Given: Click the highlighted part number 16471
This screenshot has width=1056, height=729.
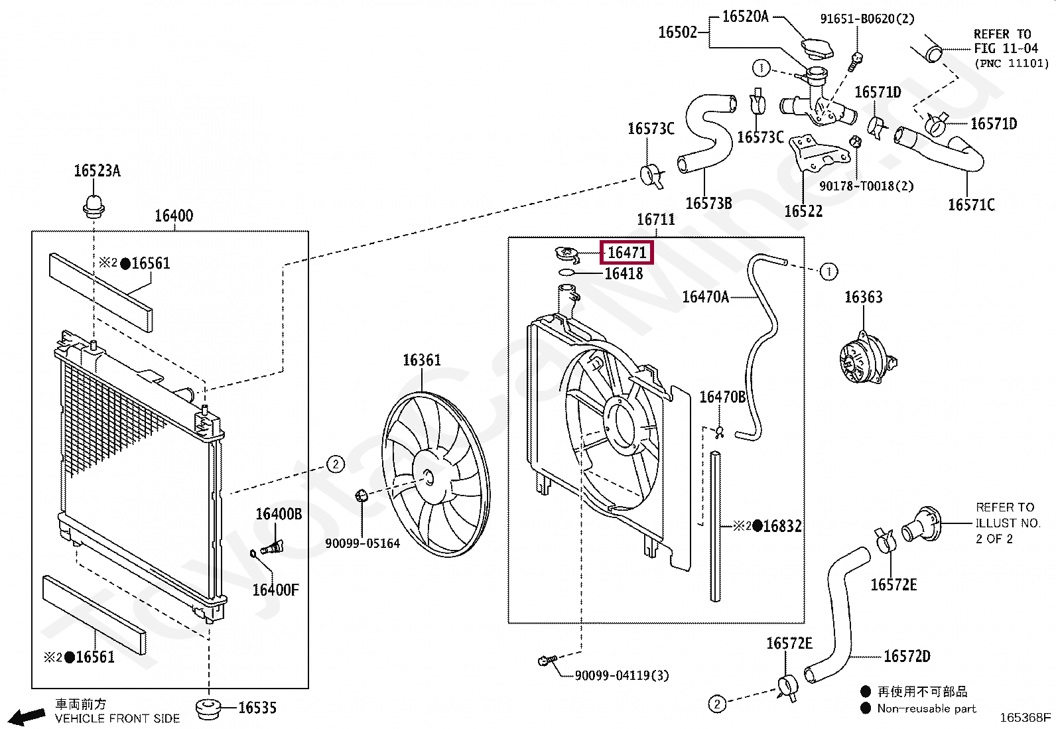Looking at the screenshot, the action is click(x=627, y=253).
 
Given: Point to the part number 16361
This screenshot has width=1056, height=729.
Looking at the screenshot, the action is click(x=421, y=360).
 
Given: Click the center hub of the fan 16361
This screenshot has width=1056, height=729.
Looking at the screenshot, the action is click(x=428, y=477).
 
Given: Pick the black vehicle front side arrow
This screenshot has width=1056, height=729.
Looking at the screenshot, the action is click(x=27, y=716).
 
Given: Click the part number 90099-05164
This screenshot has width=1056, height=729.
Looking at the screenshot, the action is click(x=362, y=543).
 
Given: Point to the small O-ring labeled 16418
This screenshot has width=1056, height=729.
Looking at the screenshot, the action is click(x=566, y=273).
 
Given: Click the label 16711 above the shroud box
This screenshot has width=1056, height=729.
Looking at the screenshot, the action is click(x=656, y=220).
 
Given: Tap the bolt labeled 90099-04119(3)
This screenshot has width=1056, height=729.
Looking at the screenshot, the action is click(x=547, y=660).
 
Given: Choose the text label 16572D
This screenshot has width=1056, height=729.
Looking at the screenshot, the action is click(x=907, y=656).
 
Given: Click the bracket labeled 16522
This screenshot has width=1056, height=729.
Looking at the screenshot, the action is click(x=819, y=154).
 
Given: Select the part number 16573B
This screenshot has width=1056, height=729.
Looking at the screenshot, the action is click(x=708, y=203).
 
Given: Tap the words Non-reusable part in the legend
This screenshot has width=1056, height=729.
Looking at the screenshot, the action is click(x=927, y=708).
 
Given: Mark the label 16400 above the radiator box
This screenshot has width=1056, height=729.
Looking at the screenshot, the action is click(x=174, y=216).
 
